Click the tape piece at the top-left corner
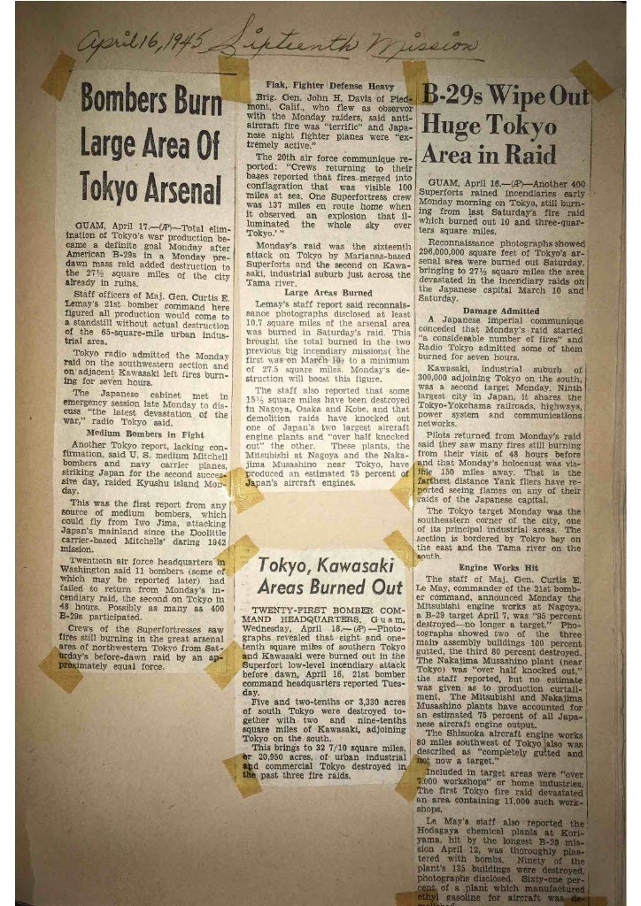click(58, 76)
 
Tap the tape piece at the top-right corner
click(591, 80)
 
